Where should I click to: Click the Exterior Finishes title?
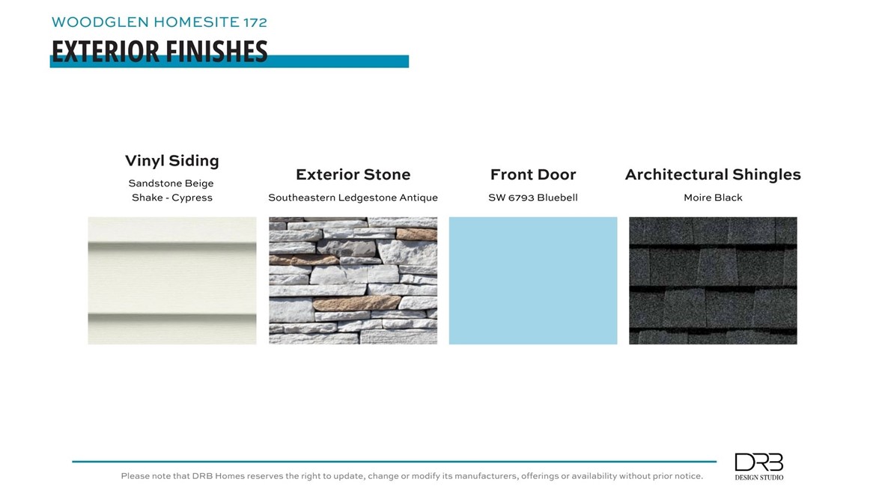(x=159, y=51)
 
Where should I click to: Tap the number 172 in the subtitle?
(x=255, y=22)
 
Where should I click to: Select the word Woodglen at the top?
(x=100, y=22)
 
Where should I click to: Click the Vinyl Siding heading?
(x=172, y=161)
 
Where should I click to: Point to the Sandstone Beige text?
(x=171, y=183)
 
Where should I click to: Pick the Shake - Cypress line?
(x=172, y=198)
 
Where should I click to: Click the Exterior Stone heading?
(x=353, y=174)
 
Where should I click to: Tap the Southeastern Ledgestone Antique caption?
(x=353, y=198)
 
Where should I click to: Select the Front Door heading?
(x=533, y=174)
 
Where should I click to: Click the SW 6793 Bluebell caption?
(x=533, y=198)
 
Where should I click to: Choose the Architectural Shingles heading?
(x=713, y=174)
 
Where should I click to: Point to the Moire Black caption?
(x=713, y=198)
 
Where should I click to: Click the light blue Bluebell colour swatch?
(x=533, y=281)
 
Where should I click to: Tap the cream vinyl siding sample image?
(x=172, y=281)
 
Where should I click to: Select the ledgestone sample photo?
(x=353, y=281)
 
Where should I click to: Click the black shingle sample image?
(x=713, y=281)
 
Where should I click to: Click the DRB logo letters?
(x=759, y=463)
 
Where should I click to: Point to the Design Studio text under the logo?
(x=759, y=478)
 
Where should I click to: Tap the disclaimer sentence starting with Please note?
(x=412, y=476)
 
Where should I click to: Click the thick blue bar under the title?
(x=229, y=61)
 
